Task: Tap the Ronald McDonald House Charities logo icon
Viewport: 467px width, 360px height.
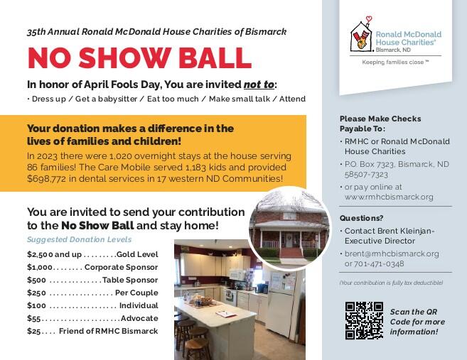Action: pyautogui.click(x=361, y=36)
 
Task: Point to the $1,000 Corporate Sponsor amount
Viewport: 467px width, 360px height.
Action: pyautogui.click(x=40, y=267)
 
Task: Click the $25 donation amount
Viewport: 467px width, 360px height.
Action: pyautogui.click(x=33, y=331)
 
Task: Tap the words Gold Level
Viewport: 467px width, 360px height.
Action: pyautogui.click(x=137, y=254)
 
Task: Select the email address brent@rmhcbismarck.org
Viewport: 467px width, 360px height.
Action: pyautogui.click(x=392, y=253)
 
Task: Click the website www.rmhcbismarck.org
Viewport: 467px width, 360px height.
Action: pyautogui.click(x=389, y=197)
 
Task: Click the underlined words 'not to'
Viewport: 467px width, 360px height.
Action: pyautogui.click(x=259, y=83)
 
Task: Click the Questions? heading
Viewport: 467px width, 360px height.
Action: pyautogui.click(x=361, y=218)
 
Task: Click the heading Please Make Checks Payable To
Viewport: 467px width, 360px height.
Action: pyautogui.click(x=380, y=124)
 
